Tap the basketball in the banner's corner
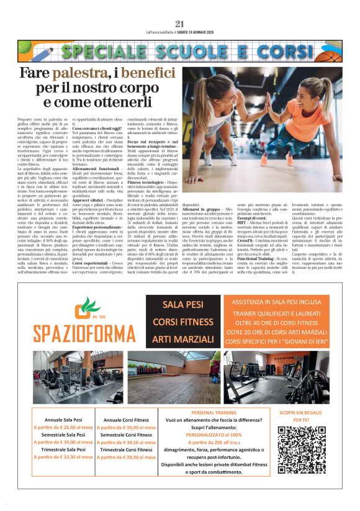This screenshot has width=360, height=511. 331,57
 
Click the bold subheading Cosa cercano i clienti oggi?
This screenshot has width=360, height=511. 97,144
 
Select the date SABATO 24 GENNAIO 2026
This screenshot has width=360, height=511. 205,32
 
